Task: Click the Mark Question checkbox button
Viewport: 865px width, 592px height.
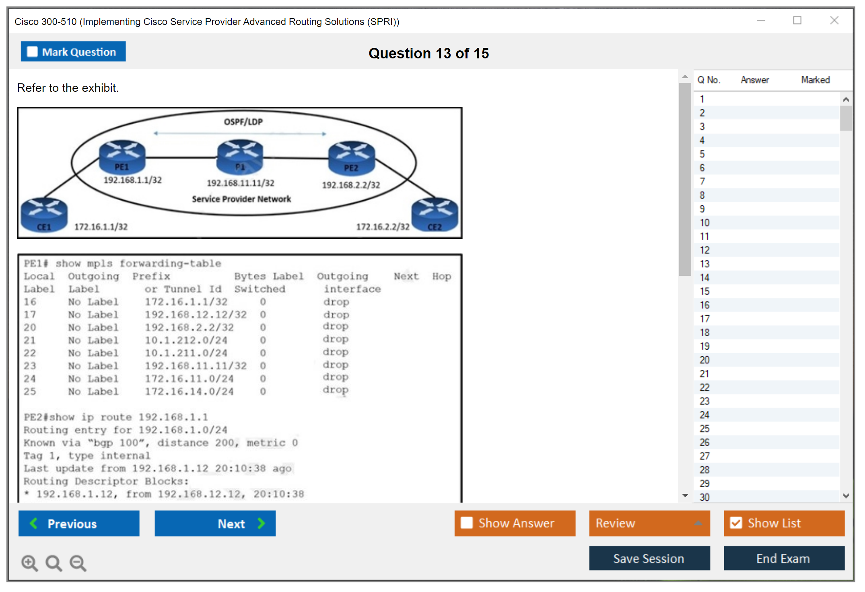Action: [73, 52]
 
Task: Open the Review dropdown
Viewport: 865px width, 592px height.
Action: [649, 523]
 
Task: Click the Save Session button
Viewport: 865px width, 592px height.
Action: [649, 558]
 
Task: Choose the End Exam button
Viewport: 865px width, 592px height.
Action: [783, 558]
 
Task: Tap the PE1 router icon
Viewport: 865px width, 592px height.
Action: [122, 157]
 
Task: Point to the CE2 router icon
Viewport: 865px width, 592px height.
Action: [435, 215]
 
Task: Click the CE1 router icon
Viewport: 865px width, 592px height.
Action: [44, 215]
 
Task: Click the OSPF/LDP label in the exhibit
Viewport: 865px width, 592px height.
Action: [243, 122]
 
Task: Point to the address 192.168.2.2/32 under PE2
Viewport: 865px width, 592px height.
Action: [351, 185]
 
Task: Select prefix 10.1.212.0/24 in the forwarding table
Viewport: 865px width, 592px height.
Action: [186, 340]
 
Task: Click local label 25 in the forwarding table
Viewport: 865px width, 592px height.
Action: [30, 391]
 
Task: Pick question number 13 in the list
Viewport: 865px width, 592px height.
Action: [704, 264]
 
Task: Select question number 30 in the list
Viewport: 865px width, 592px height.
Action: [704, 497]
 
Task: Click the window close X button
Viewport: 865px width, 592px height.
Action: [834, 21]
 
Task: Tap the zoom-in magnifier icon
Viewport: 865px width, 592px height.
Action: [29, 563]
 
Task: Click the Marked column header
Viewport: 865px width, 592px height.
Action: [815, 80]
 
